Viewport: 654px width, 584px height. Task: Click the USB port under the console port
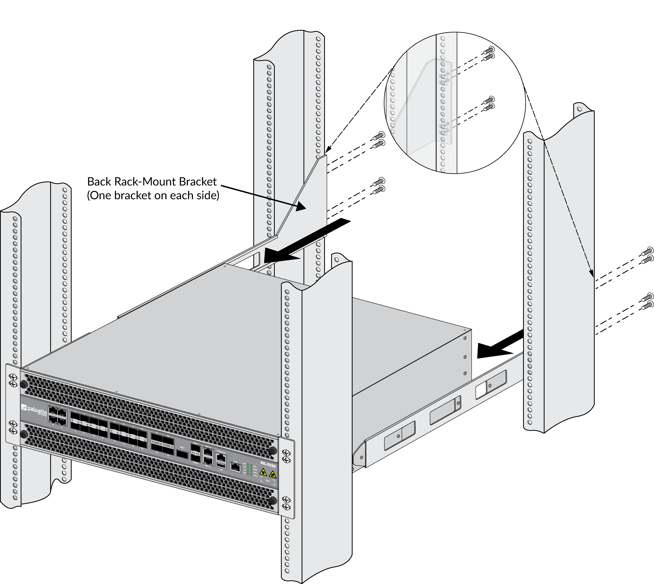[221, 465]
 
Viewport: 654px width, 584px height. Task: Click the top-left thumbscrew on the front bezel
[24, 384]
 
